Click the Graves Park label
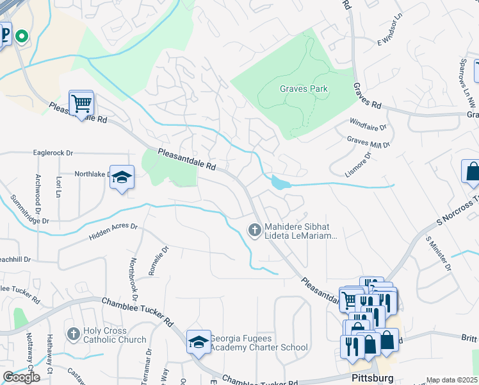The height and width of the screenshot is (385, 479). (304, 89)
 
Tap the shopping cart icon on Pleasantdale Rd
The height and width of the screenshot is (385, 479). (81, 103)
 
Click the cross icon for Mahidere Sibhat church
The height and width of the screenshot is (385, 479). (254, 229)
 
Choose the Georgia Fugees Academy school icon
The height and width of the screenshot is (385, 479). (199, 342)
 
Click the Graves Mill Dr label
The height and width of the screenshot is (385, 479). (368, 142)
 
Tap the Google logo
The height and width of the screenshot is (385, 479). (21, 377)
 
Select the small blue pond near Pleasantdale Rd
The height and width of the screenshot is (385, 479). (280, 183)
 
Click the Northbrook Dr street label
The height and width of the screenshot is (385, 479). (134, 280)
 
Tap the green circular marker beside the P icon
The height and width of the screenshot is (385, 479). (22, 37)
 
